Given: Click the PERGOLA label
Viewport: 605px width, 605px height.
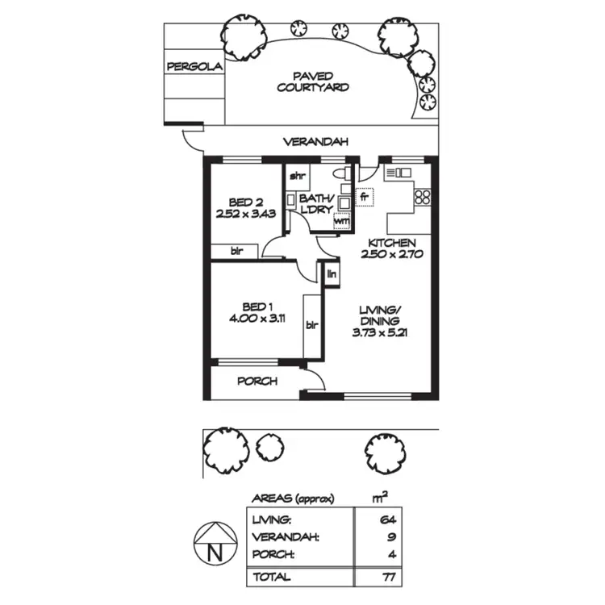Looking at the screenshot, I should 194,68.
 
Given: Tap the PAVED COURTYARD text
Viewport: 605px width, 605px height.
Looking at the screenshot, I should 313,81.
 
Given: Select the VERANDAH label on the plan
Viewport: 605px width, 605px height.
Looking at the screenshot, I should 315,142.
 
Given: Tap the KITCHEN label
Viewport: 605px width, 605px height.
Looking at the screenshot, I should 392,243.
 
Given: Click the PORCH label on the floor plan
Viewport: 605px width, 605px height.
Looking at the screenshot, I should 258,381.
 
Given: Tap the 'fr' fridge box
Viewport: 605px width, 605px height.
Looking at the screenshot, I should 365,196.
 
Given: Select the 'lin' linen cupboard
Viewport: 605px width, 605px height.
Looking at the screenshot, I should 332,275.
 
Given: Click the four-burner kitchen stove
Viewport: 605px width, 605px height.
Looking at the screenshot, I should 423,196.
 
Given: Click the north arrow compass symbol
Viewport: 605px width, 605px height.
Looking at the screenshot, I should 215,547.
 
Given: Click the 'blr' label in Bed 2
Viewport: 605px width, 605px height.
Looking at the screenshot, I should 237,252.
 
